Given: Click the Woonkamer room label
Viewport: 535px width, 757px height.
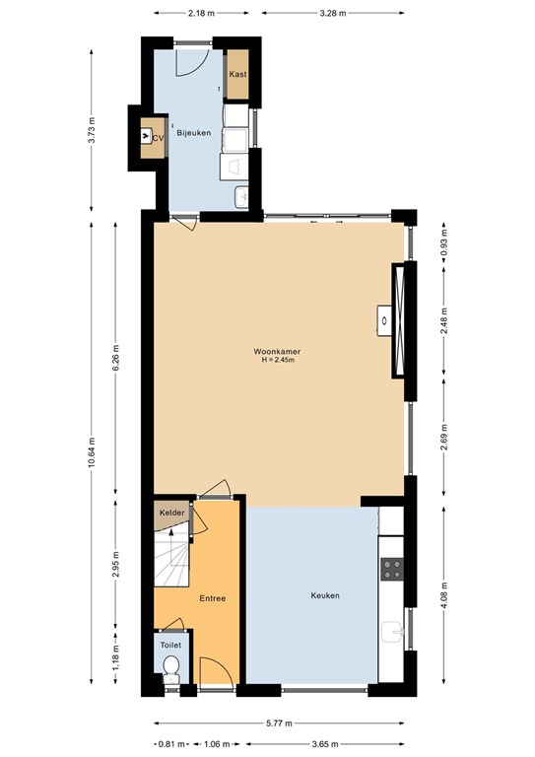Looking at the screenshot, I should point(277,350).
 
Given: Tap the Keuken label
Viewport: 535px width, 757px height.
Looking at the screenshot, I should point(325,595).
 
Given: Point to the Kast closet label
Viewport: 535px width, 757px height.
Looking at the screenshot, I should point(236,75).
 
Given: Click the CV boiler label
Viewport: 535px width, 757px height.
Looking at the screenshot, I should point(157,138).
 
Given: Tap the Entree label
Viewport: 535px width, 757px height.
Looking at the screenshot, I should point(213,598).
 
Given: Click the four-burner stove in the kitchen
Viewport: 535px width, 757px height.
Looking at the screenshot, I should point(391,569).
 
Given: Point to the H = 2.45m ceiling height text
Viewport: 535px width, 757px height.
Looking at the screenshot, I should point(277,361).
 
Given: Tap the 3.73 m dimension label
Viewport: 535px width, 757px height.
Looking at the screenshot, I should point(92,130).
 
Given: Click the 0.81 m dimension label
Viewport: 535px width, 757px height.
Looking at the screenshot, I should point(170,744).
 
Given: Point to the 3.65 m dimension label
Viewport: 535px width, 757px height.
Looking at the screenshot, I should point(325,744).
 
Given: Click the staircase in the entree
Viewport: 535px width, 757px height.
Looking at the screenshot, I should point(171,562).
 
